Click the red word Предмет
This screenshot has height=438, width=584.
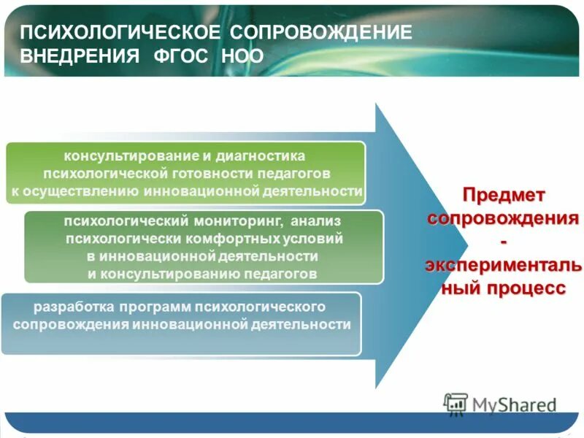(x=504, y=196)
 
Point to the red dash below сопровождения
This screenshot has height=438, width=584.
(x=504, y=242)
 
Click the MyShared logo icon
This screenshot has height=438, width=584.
(x=456, y=403)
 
